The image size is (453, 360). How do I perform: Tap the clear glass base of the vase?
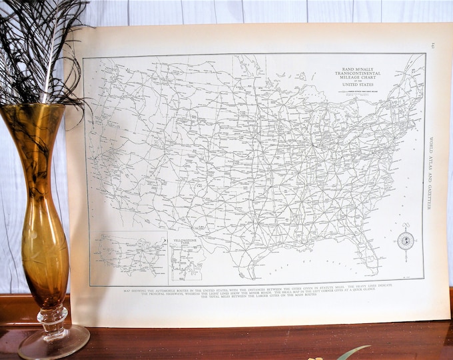coord(53,341)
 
